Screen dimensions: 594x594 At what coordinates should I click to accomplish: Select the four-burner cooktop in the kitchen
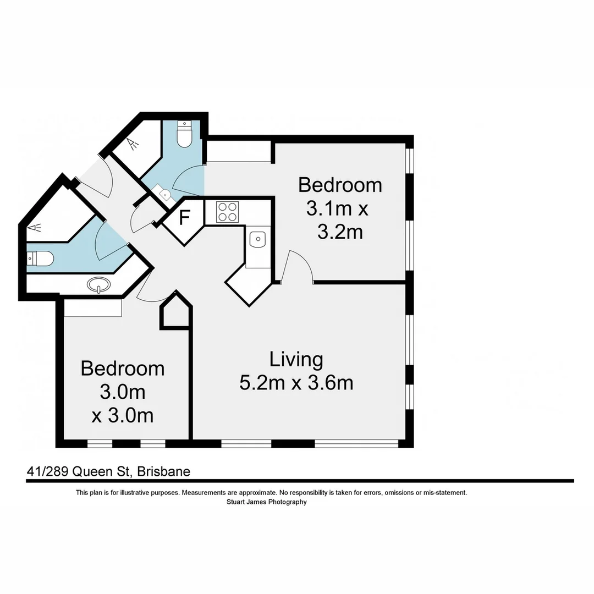coord(227,212)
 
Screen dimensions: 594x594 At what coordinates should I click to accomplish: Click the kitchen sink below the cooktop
coord(257,239)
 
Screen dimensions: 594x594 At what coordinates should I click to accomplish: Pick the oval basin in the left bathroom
coord(98,285)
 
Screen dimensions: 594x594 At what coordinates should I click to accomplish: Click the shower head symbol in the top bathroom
coord(132,144)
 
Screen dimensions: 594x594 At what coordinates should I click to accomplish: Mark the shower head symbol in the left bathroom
coord(34,227)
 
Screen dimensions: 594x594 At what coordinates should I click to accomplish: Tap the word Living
coord(296,359)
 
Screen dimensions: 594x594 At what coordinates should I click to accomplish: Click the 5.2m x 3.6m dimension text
coord(296,382)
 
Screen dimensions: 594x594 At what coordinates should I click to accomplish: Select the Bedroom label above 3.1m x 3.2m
coord(340,185)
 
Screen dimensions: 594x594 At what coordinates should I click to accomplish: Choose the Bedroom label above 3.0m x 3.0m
coord(122,368)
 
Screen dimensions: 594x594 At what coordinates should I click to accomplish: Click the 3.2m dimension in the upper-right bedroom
coord(340,232)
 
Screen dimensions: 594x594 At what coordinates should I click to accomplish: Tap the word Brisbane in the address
coord(163,471)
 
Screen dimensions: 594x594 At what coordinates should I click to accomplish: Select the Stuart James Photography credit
coord(266,502)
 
